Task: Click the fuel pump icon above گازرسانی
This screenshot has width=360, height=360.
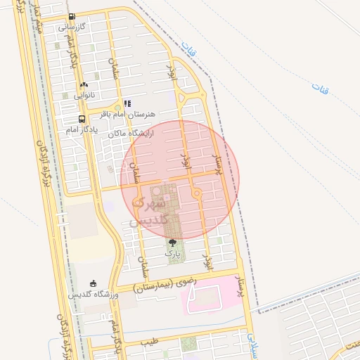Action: pos(72,17)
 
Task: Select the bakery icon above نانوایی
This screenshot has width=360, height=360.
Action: pos(84,84)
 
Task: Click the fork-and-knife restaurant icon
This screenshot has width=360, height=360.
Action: pos(127,103)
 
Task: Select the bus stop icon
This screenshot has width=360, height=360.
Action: pos(82,119)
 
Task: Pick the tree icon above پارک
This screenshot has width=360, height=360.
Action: pos(172,243)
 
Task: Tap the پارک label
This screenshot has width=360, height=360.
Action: pos(172,252)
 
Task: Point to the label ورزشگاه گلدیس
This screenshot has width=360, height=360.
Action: pos(93,294)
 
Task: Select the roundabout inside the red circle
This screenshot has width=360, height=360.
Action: pos(197,193)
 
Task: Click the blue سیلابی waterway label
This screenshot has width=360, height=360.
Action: pos(252,342)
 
